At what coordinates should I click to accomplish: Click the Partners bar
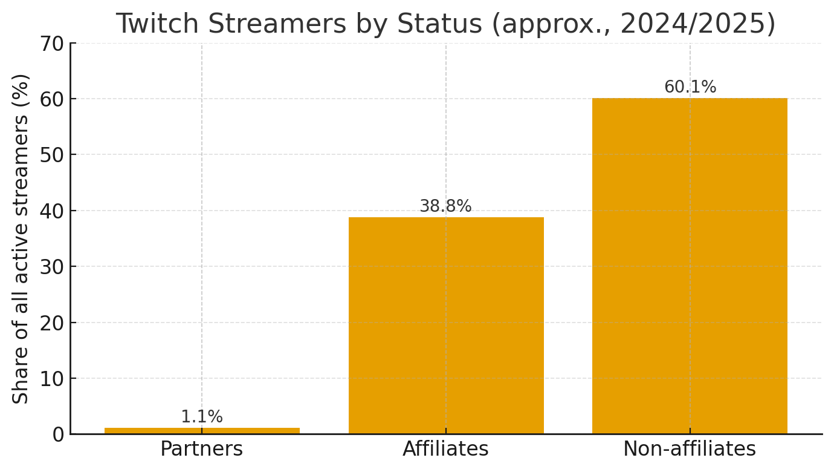click(x=202, y=431)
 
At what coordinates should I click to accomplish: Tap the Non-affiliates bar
click(x=690, y=266)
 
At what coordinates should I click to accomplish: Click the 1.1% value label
click(x=202, y=417)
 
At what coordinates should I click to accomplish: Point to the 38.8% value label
click(x=446, y=206)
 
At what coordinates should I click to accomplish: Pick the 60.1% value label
click(x=690, y=87)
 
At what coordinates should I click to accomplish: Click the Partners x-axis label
click(x=202, y=449)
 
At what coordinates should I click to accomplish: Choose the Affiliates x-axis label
click(x=446, y=449)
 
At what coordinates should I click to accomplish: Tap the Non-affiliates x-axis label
click(x=690, y=449)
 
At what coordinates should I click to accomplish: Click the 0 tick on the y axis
click(x=58, y=434)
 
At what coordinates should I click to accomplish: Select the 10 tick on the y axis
click(x=52, y=379)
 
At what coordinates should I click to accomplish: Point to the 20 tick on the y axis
click(x=52, y=323)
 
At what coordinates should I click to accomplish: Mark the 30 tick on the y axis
click(x=52, y=267)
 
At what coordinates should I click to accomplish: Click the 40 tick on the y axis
click(x=52, y=211)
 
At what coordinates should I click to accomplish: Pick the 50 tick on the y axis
click(x=52, y=155)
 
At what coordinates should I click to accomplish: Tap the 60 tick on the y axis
click(x=52, y=99)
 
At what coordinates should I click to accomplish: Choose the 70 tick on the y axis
click(x=52, y=44)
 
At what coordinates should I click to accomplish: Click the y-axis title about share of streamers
click(x=22, y=238)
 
